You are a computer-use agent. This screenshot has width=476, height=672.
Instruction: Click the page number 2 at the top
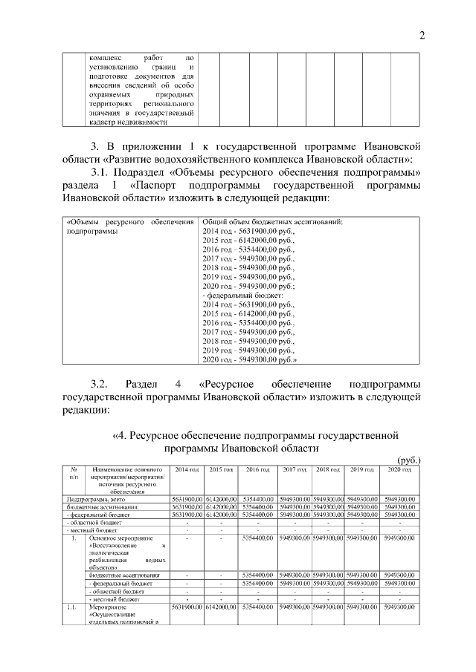421,35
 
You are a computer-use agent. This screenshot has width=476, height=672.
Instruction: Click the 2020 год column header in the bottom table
399,471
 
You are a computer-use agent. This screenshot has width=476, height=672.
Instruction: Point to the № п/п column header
74,475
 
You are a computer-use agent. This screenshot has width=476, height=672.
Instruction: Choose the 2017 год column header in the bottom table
295,471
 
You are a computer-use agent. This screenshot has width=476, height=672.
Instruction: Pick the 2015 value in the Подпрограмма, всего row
221,499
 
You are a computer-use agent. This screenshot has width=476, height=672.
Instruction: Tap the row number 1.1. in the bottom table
73,608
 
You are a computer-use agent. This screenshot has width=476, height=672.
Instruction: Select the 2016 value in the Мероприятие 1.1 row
258,608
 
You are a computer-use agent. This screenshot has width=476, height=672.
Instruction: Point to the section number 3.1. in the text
101,172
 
